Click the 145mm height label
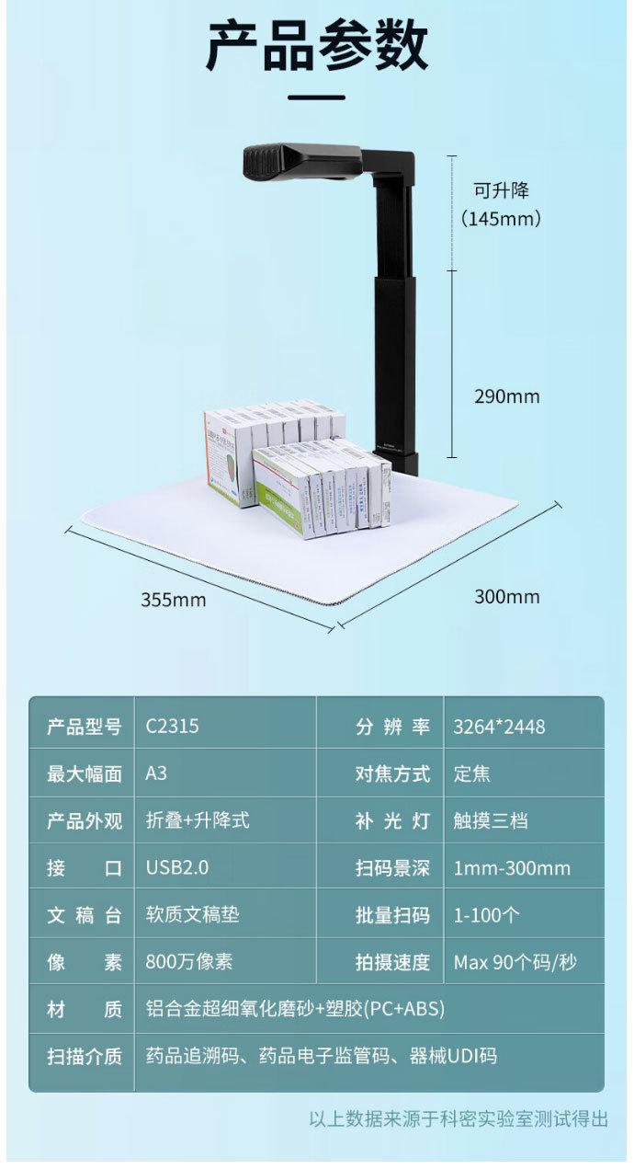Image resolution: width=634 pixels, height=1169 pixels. click(500, 219)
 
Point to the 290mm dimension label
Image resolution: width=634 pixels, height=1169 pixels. click(507, 396)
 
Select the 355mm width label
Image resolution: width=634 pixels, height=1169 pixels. click(173, 600)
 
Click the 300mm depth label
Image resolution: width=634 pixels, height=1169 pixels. click(507, 596)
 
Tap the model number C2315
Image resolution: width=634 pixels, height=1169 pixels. click(172, 727)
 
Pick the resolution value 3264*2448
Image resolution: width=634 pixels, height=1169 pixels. click(499, 727)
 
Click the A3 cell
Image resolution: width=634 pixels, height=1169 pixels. click(156, 774)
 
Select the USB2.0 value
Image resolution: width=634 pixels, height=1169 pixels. click(177, 867)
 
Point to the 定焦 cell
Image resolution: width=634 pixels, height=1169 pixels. click(472, 774)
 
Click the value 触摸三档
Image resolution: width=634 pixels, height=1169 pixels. click(491, 820)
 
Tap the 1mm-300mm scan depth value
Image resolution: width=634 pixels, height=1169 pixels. click(512, 867)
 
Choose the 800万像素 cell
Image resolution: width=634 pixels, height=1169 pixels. click(189, 962)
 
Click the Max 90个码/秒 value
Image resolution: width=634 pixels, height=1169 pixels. click(515, 962)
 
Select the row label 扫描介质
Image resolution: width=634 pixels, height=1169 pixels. click(84, 1056)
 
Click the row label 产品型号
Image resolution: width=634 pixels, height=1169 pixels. click(84, 727)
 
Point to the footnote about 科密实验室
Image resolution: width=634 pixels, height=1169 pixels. click(458, 1118)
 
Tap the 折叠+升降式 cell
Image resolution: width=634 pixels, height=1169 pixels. click(198, 820)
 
